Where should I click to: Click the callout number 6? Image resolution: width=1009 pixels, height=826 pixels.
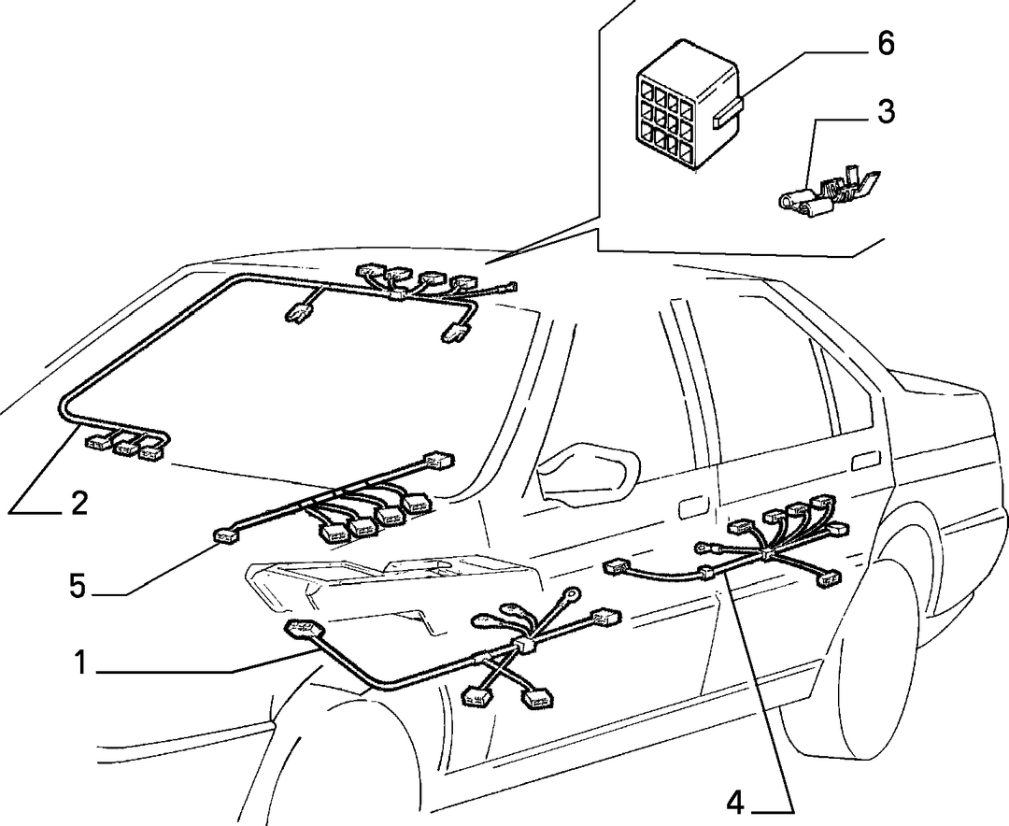tap(886, 44)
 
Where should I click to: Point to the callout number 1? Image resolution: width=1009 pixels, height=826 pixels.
tap(80, 663)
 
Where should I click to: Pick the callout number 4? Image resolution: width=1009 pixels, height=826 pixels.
tap(735, 803)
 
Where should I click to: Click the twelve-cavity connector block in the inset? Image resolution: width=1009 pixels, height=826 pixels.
tap(685, 107)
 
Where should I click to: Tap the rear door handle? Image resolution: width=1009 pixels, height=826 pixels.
tap(863, 462)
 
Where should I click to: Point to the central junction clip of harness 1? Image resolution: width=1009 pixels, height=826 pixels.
tap(524, 646)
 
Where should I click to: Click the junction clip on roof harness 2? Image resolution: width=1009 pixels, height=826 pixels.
tap(397, 295)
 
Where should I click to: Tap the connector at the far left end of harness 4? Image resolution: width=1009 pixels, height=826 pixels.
tap(616, 567)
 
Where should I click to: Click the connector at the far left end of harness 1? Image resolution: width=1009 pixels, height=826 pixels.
tap(300, 627)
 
